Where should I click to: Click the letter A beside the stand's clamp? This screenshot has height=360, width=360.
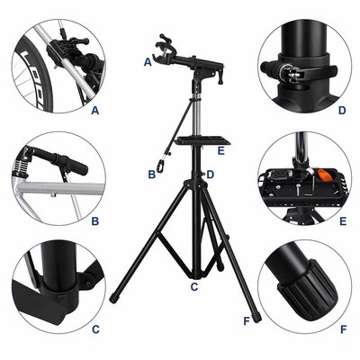point(148,62)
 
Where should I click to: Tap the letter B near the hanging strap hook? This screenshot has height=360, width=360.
point(152,175)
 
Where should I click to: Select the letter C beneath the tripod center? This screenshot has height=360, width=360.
point(194,287)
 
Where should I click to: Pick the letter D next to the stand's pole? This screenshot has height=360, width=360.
point(210,175)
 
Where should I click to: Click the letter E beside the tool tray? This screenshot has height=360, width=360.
point(221,151)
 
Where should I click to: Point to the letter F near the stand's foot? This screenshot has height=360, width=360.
point(247,321)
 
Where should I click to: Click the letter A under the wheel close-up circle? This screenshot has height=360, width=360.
point(95,111)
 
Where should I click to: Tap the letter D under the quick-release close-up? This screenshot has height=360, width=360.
point(342,111)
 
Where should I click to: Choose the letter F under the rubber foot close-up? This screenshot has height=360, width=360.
point(344,329)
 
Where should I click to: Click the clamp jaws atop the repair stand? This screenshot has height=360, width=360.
point(164,48)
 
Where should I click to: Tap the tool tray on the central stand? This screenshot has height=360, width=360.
point(203,139)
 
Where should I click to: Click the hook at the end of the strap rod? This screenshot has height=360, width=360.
point(160,166)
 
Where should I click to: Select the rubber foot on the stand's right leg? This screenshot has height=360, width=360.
point(256,318)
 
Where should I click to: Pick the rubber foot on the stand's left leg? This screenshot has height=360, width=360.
point(113,299)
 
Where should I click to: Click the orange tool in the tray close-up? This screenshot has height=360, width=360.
point(325,175)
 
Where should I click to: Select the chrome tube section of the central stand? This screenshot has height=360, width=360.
point(197,115)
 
